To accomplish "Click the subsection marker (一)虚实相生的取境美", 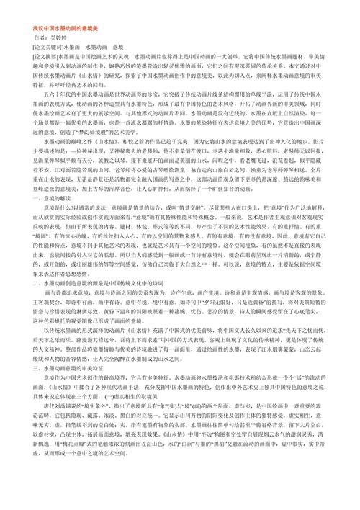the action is click(x=140, y=424).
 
